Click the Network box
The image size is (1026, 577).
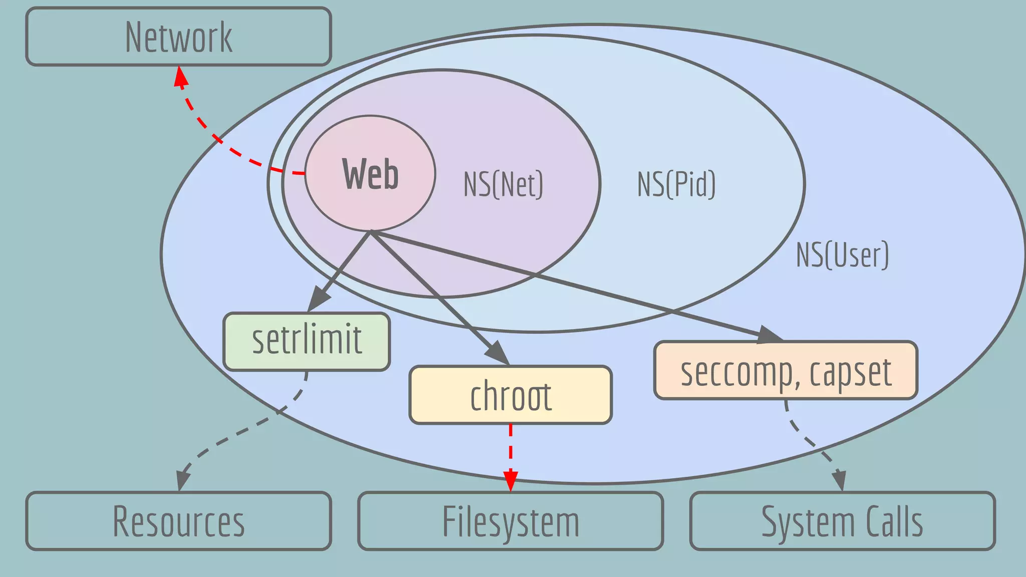pyautogui.click(x=178, y=37)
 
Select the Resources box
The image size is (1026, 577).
pyautogui.click(x=178, y=521)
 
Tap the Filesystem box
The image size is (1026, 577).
pyautogui.click(x=510, y=521)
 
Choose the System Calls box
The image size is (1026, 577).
pyautogui.click(x=842, y=521)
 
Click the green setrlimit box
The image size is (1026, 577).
pyautogui.click(x=307, y=341)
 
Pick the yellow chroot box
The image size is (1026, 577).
pyautogui.click(x=510, y=395)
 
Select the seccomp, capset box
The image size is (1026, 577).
pyautogui.click(x=786, y=371)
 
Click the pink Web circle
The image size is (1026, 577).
pyautogui.click(x=370, y=173)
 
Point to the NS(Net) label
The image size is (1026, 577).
pyautogui.click(x=503, y=184)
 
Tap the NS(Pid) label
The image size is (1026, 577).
pyautogui.click(x=676, y=184)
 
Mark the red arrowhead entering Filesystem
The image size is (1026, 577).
pyautogui.click(x=510, y=481)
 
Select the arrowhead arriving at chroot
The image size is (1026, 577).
pyautogui.click(x=497, y=352)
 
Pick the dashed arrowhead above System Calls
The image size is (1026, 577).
pyautogui.click(x=840, y=481)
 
